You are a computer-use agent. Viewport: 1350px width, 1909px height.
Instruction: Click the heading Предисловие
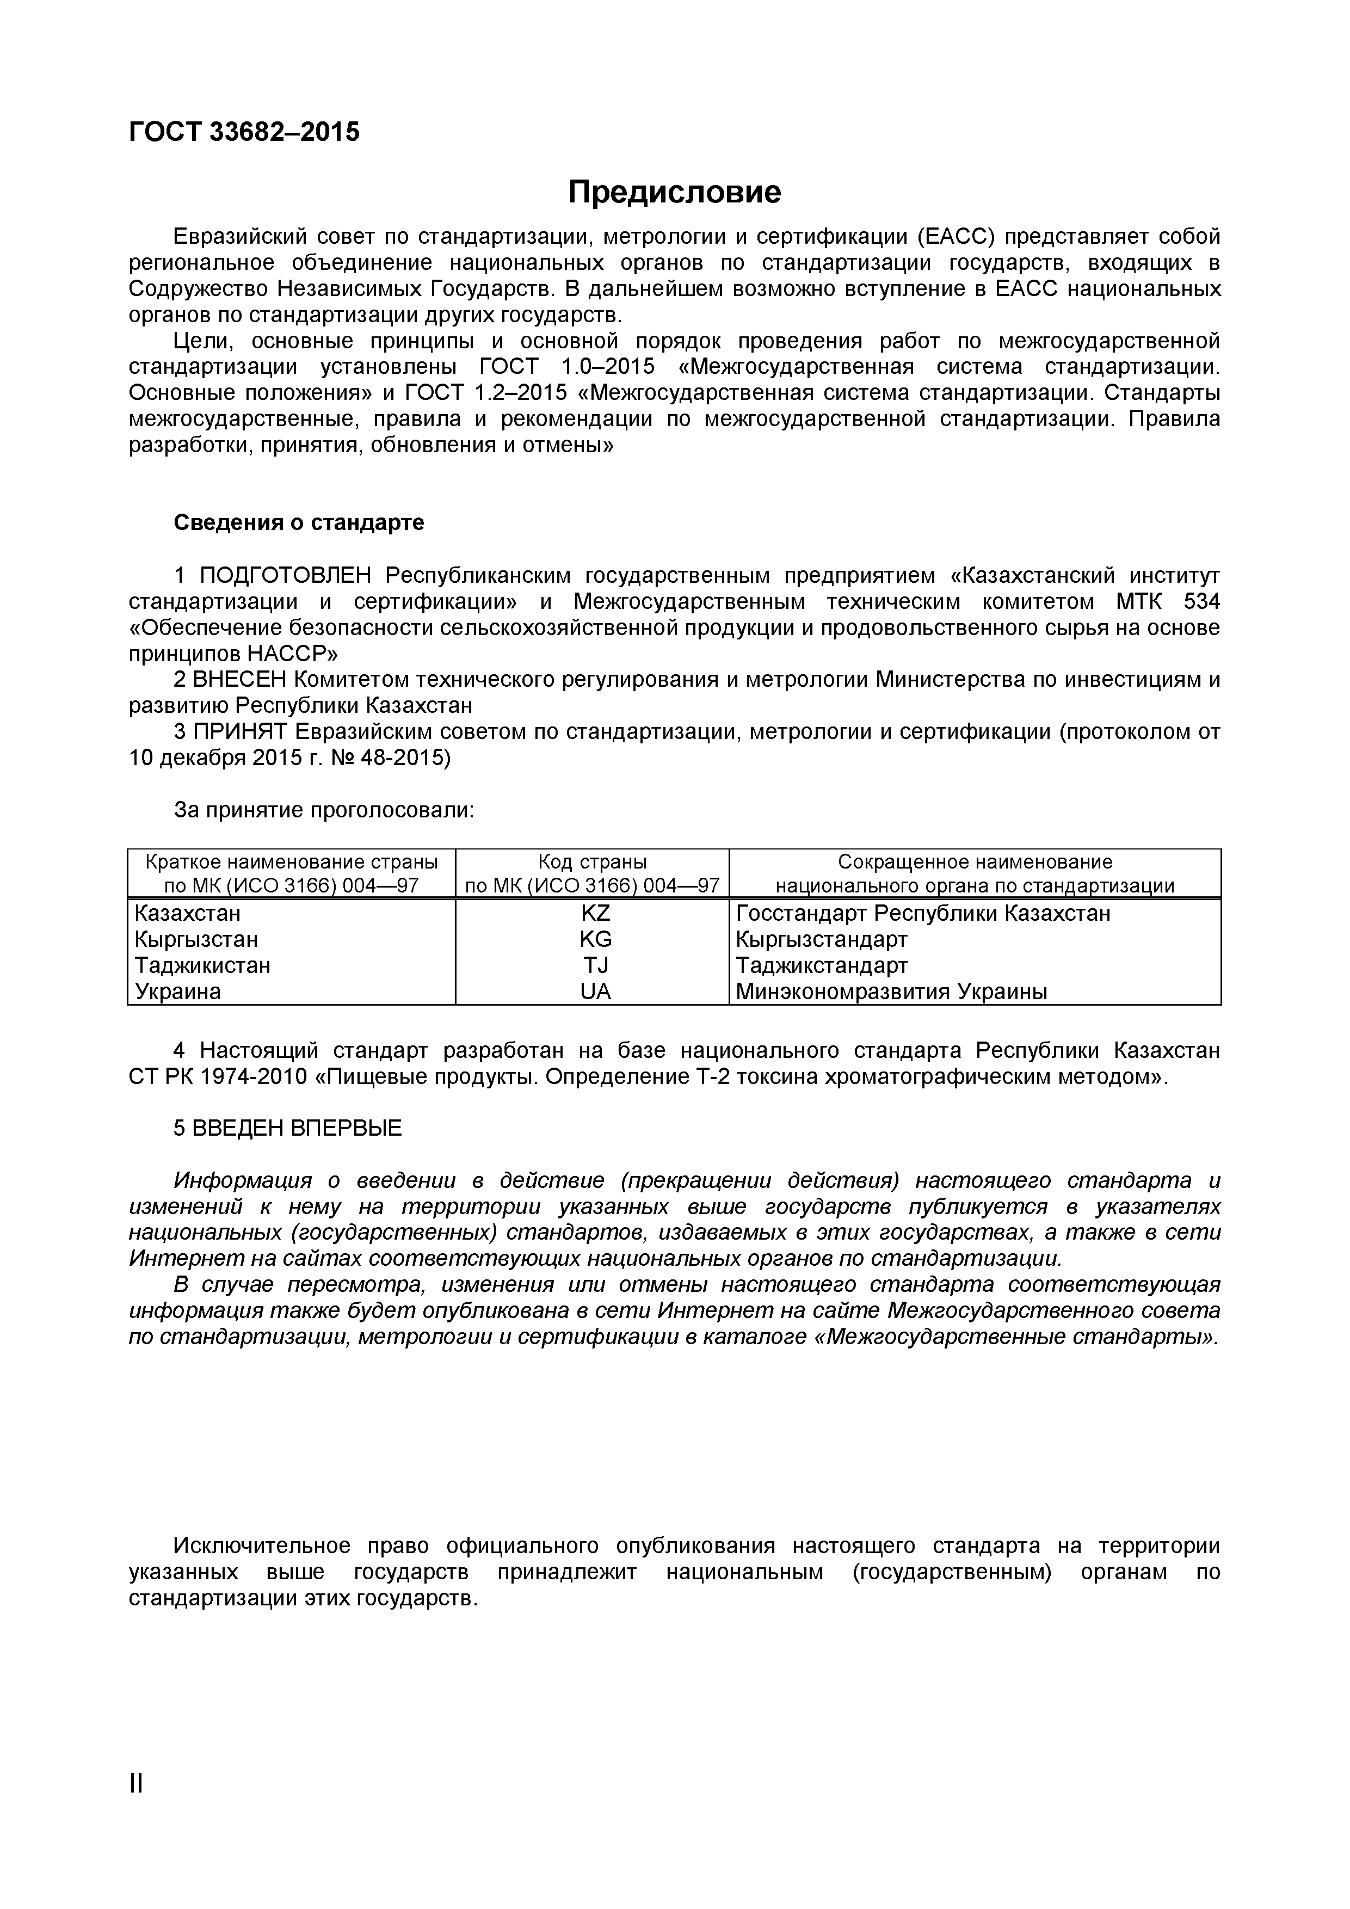point(674,193)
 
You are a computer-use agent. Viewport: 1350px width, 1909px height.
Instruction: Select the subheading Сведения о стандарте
point(298,522)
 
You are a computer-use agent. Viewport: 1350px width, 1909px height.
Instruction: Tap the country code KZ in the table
point(595,913)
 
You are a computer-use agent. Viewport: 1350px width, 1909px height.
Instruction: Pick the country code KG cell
point(595,939)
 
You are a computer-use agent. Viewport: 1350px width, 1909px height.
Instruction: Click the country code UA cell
point(595,991)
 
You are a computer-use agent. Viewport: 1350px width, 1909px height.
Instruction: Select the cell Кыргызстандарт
point(821,939)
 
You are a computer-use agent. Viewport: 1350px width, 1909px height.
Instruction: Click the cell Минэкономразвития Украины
point(891,991)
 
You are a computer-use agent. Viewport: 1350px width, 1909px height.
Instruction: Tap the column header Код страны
point(592,861)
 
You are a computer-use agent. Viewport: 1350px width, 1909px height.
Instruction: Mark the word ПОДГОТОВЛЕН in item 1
point(287,575)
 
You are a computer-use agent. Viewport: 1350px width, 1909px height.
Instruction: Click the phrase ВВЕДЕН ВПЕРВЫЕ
point(297,1128)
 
